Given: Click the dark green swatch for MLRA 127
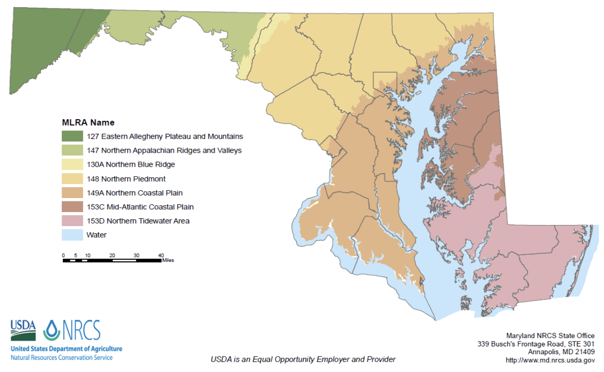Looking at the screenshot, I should pos(72,136).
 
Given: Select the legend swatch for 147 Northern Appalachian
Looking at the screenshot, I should pos(72,150).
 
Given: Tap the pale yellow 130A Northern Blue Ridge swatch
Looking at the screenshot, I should pos(72,164).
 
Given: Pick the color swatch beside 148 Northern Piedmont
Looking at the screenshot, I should pos(72,179).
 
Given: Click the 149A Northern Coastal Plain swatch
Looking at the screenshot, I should pos(72,193).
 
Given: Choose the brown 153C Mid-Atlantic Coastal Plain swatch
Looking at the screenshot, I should pos(72,207).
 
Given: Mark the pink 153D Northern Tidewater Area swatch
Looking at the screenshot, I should pos(72,221).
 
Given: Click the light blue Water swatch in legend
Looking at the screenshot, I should pos(72,235).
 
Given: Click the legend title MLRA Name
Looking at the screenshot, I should pos(88,123).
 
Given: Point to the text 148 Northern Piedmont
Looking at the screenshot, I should pos(126,179).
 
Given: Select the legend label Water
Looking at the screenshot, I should pos(96,235).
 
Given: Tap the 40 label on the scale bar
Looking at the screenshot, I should pos(161,255).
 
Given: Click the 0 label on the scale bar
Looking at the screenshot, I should pos(63,255).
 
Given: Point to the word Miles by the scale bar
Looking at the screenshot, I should pos(168,260).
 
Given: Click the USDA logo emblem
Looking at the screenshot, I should pos(23,330).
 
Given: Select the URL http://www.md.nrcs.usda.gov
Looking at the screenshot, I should pos(550,360).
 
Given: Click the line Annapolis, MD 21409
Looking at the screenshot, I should pos(561,352).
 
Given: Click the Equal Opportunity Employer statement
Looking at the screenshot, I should pos(303,359).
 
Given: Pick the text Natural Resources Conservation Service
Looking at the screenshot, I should pos(61,358).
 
